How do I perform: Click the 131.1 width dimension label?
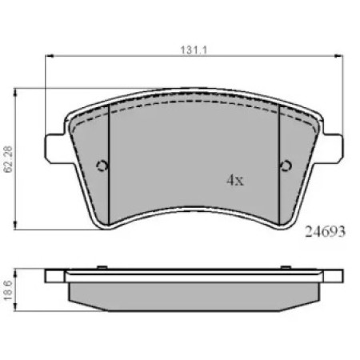point(194,50)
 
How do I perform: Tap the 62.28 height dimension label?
point(9,159)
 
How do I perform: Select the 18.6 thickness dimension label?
point(9,290)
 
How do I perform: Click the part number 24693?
point(325,231)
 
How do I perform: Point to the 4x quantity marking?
point(235,180)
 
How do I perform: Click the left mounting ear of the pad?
point(55,147)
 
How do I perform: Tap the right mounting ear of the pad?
point(332,147)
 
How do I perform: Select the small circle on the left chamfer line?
point(102,166)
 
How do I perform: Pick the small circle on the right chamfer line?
point(286,166)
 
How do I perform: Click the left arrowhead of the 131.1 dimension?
point(50,56)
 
